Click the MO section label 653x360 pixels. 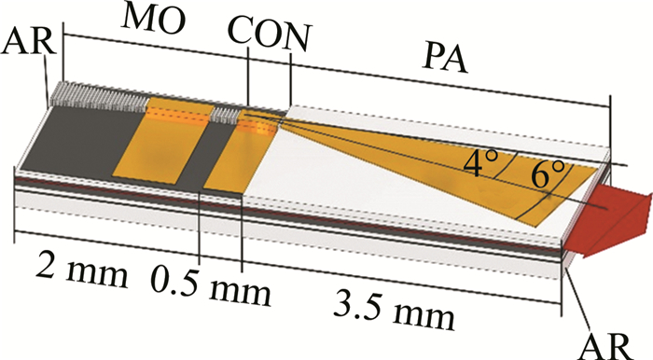pos(152,20)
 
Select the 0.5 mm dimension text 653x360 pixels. pos(211,286)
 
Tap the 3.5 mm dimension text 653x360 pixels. pos(393,310)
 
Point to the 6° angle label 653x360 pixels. pos(549,174)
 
